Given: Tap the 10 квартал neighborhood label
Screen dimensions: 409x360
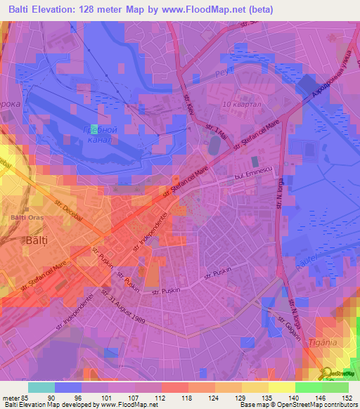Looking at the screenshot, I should [236, 105].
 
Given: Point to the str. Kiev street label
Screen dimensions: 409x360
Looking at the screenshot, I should [191, 103].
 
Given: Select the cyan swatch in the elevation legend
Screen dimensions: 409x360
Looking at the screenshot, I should [41, 387].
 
